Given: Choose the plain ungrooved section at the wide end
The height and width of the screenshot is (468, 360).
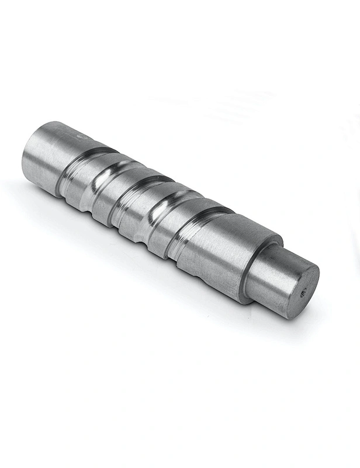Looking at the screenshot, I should tap(47, 155).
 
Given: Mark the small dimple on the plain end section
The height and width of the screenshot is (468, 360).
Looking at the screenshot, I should tap(72, 136).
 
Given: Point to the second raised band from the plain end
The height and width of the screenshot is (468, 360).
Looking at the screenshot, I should tap(111, 196).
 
